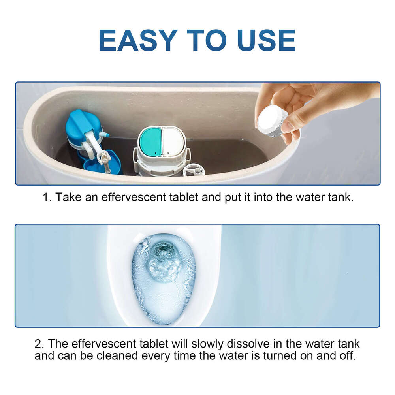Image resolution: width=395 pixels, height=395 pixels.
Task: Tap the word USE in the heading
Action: pyautogui.click(x=266, y=40)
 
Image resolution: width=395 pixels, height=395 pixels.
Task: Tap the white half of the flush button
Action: pyautogui.click(x=173, y=142)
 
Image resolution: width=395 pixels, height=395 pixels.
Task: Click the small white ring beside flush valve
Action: pyautogui.click(x=194, y=170)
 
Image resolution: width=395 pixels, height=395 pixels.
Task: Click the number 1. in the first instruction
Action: pyautogui.click(x=47, y=197)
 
